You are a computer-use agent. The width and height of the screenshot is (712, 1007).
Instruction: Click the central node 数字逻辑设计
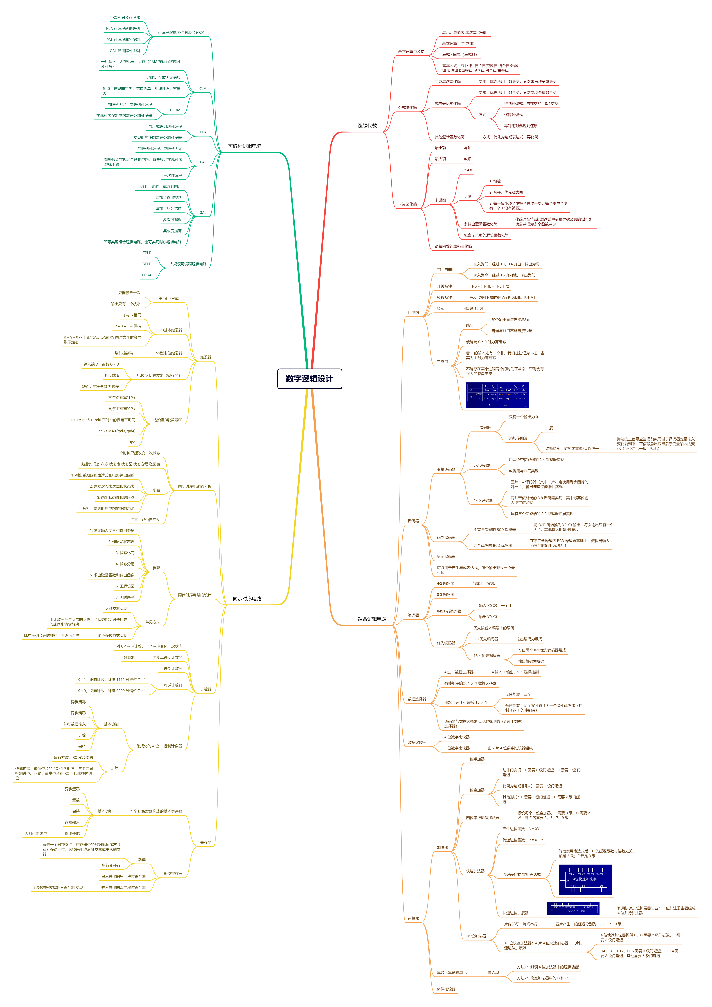click(310, 379)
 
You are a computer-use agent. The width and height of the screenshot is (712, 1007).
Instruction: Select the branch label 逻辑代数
click(367, 126)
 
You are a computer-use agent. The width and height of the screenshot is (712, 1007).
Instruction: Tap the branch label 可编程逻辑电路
click(245, 146)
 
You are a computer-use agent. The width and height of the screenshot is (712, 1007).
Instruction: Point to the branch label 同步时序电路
click(247, 599)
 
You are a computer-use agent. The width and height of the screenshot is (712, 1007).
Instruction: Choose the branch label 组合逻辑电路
click(372, 619)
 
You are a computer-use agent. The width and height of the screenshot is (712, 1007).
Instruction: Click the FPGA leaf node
click(146, 275)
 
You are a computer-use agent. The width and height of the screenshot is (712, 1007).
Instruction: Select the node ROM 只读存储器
click(126, 18)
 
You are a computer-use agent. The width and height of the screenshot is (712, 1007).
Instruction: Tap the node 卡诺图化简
click(407, 204)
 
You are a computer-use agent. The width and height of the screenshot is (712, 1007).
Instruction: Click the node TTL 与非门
click(446, 270)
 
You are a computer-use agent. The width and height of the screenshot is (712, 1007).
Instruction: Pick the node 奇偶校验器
click(446, 989)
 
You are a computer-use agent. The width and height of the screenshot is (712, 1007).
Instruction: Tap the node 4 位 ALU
click(492, 972)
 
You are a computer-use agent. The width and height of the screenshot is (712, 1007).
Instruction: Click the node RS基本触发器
click(171, 330)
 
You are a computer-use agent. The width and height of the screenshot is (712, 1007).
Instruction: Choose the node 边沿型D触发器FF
click(167, 420)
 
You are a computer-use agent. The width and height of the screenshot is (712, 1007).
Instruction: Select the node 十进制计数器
click(171, 668)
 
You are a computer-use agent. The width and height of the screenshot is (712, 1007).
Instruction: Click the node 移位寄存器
click(173, 873)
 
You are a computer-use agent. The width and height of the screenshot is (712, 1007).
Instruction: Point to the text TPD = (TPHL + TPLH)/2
click(489, 286)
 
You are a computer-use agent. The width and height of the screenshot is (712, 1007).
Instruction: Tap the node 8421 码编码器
click(449, 611)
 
